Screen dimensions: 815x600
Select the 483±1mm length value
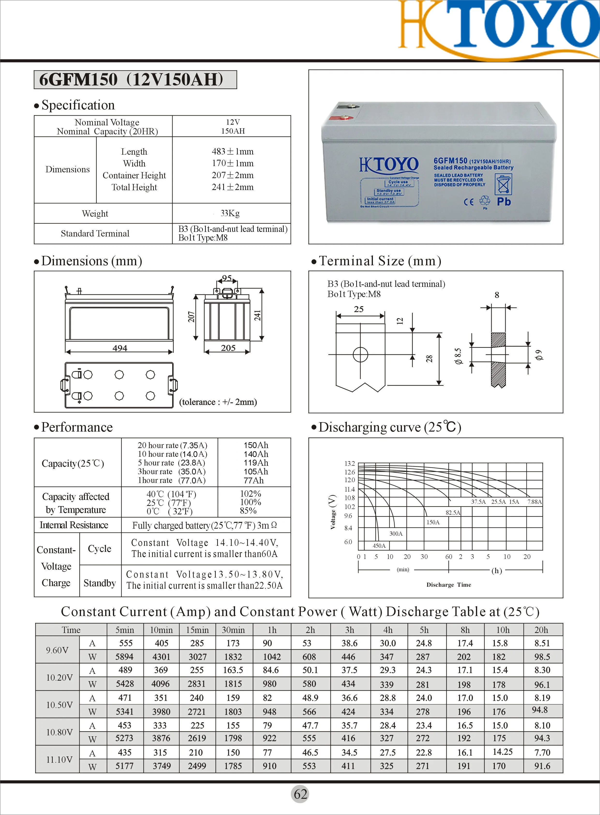pos(232,151)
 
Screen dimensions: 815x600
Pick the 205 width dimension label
pos(228,348)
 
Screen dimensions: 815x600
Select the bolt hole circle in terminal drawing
pos(360,354)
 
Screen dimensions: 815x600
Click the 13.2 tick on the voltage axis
pos(349,464)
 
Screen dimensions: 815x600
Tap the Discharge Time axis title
pos(449,585)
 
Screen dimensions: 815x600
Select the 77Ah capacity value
pos(253,480)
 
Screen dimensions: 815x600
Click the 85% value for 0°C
pos(248,510)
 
